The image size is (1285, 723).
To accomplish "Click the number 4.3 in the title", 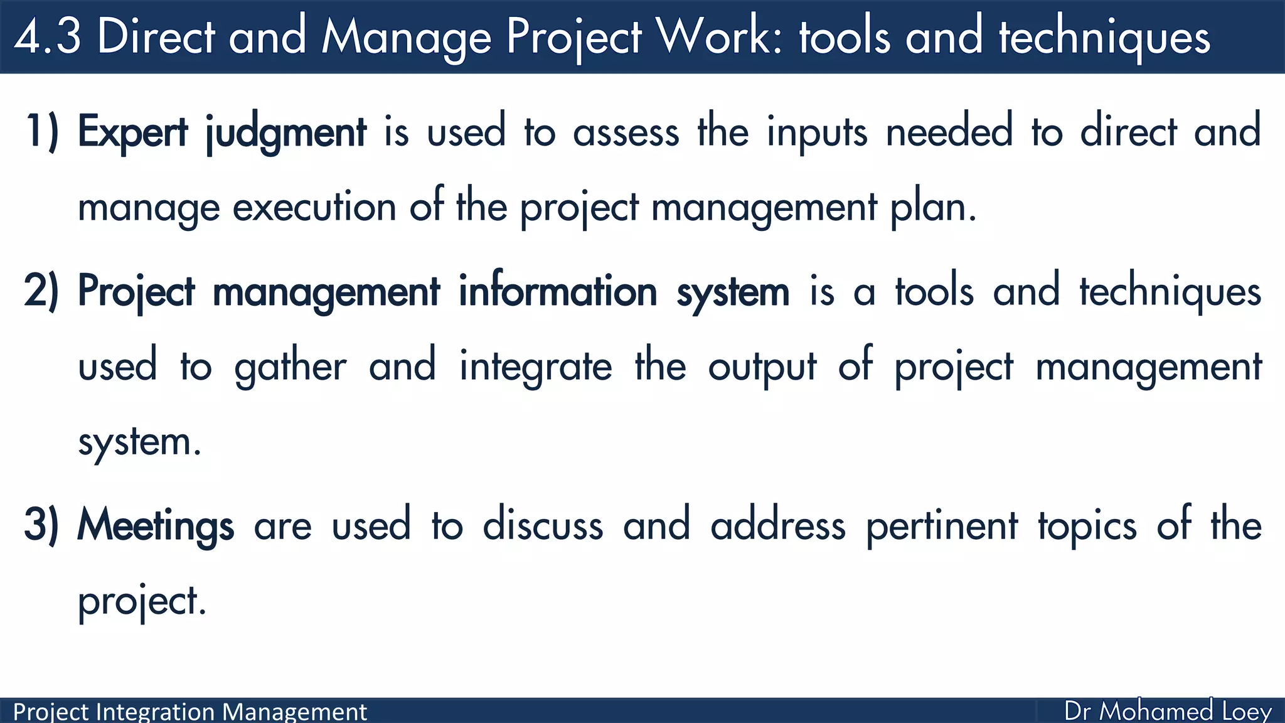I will (48, 36).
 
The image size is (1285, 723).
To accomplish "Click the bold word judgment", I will (286, 133).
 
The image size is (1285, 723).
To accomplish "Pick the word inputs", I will (817, 133).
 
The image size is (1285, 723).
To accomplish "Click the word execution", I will (314, 207).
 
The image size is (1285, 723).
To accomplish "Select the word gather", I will (290, 368).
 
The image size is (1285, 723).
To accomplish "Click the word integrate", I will (535, 368).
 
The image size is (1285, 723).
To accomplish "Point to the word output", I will (762, 368).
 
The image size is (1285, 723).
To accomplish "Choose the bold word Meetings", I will (156, 526).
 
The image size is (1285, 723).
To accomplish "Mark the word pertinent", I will (942, 526).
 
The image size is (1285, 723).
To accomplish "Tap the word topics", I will (1087, 526).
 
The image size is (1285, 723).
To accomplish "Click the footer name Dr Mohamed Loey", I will (1168, 711).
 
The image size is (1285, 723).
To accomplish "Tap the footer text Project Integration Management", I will (189, 712).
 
